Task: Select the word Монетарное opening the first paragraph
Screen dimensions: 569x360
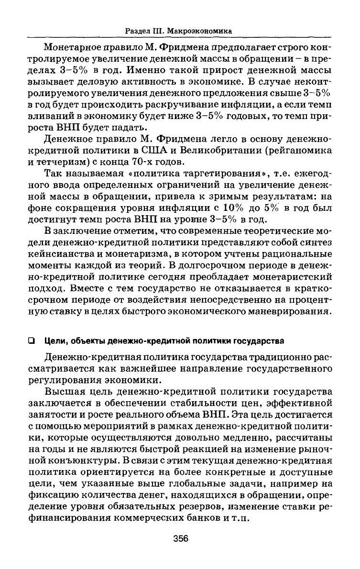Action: click(73, 48)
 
